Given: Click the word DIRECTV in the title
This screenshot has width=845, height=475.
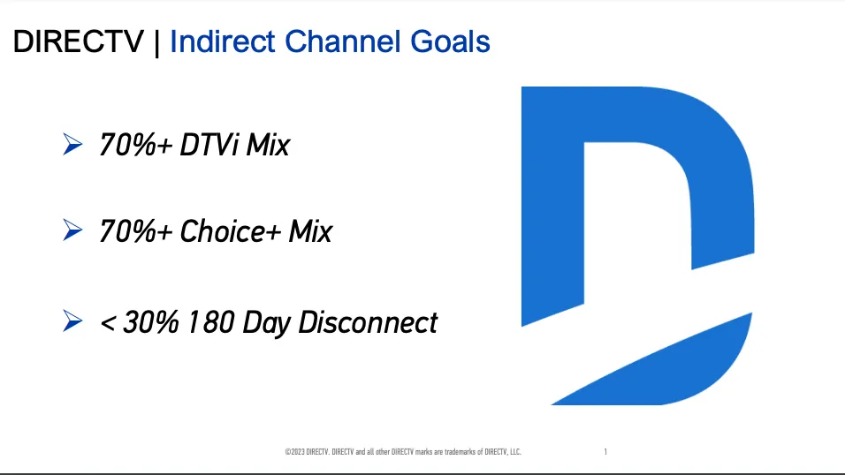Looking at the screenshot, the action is [79, 41].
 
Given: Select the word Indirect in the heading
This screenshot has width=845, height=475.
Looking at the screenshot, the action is [223, 41].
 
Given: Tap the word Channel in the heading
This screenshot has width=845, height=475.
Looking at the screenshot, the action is [343, 41].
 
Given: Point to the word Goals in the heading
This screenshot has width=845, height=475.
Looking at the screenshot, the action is [450, 41].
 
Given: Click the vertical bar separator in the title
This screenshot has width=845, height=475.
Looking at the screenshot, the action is [156, 42].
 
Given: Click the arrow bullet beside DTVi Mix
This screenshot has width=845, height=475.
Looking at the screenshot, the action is [72, 144].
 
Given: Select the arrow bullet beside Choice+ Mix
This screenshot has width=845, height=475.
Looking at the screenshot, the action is [72, 230].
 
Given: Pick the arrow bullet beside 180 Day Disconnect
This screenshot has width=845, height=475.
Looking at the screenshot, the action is [72, 321].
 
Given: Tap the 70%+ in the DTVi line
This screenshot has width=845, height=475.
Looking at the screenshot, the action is [136, 145].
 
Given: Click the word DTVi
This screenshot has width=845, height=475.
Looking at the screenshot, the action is [209, 145].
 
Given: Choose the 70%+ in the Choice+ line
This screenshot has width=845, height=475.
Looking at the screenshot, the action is [136, 231].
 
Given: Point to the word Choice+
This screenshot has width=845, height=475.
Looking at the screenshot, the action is [230, 231].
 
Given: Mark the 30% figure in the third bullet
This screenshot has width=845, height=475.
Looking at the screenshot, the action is [150, 322].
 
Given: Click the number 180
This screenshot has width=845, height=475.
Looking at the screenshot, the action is [210, 322].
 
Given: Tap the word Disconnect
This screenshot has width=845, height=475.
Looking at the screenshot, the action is [368, 322].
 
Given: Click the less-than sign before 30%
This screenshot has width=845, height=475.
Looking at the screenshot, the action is [108, 324].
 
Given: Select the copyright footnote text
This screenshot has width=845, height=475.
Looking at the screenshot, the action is [403, 452].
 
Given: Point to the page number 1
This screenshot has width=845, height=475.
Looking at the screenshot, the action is [605, 452].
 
